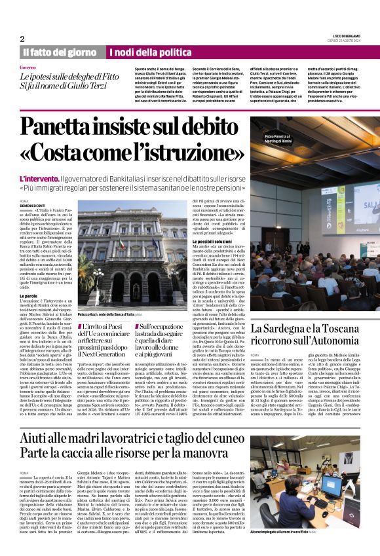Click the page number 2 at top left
[22, 38]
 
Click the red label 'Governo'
[28, 67]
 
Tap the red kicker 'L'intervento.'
[40, 178]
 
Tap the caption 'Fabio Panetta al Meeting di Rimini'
[282, 139]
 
